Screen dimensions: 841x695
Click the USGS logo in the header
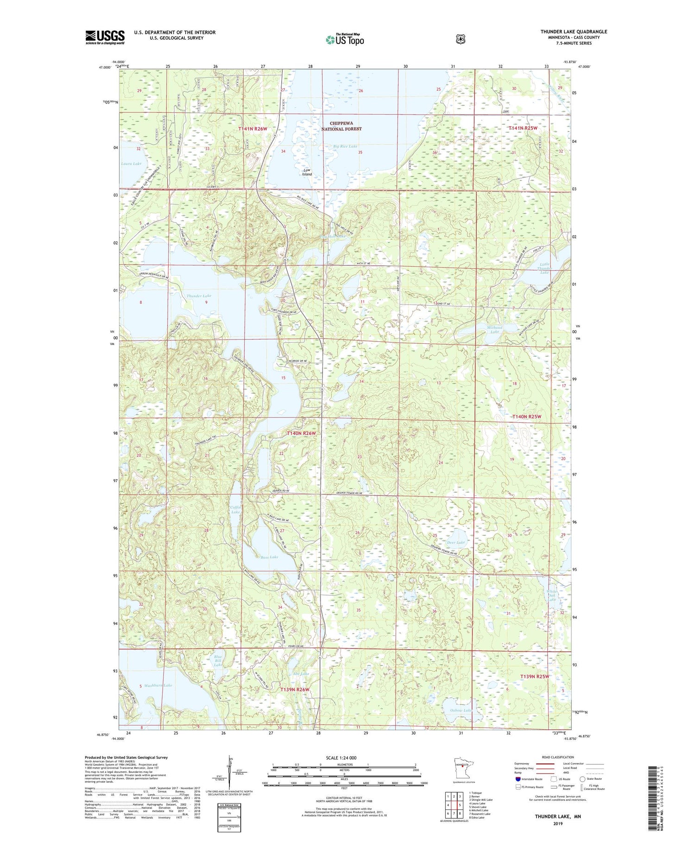[105, 37]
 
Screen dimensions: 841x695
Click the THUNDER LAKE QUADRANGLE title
[573, 32]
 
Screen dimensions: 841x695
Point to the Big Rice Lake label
[345, 146]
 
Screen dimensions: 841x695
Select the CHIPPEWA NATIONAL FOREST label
[341, 126]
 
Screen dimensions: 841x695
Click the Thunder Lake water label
[199, 295]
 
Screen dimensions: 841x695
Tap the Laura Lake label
[131, 164]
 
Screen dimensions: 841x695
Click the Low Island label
[307, 172]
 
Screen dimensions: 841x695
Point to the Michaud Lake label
[494, 329]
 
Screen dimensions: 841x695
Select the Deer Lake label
[455, 542]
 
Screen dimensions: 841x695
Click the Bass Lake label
[269, 557]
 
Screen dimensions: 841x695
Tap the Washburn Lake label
[158, 685]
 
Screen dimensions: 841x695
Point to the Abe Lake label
[301, 673]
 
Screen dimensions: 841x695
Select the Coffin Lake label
[236, 509]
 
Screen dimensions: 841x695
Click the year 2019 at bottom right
[557, 824]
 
